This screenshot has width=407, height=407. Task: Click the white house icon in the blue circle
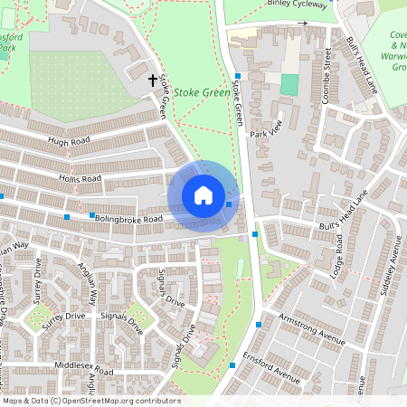point(203,194)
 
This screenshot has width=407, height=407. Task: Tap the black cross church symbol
point(153,80)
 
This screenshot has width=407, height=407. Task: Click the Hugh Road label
point(71,142)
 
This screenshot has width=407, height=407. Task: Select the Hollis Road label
point(78,179)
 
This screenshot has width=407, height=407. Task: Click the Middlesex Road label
point(84,372)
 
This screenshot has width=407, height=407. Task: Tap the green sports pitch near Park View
point(289,85)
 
